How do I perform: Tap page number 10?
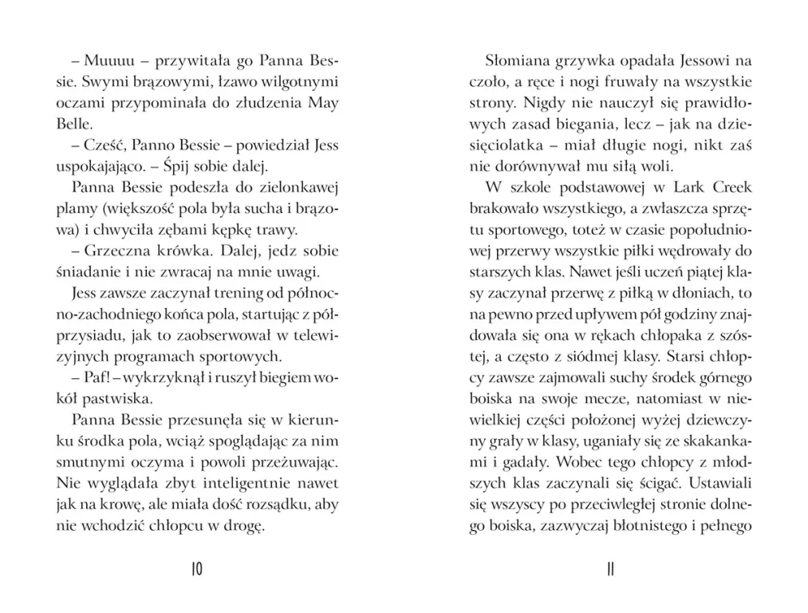(x=198, y=569)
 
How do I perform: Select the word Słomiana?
(x=515, y=61)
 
